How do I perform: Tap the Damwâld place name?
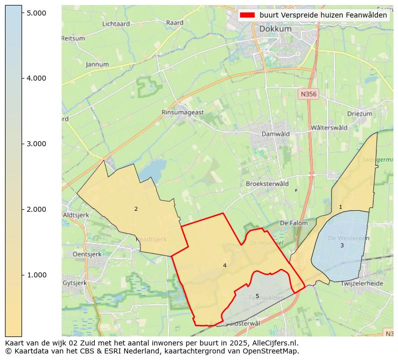[x=276, y=134]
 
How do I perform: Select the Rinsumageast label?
[x=182, y=113]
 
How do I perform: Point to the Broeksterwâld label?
[x=267, y=184]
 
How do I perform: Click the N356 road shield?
[x=309, y=94]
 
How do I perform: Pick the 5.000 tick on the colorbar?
[x=36, y=13]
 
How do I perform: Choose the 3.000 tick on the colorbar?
[x=36, y=144]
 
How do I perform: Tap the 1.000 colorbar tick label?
[x=36, y=275]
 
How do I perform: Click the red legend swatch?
[x=248, y=16]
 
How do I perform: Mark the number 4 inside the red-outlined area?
[x=225, y=265]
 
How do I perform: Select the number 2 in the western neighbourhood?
[x=136, y=209]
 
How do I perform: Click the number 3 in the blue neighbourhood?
[x=342, y=245]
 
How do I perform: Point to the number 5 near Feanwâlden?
[x=257, y=296]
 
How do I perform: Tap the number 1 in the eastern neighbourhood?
[x=340, y=207]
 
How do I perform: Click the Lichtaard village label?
[x=116, y=24]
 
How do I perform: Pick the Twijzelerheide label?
[x=361, y=283]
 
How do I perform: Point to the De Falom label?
[x=293, y=223]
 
